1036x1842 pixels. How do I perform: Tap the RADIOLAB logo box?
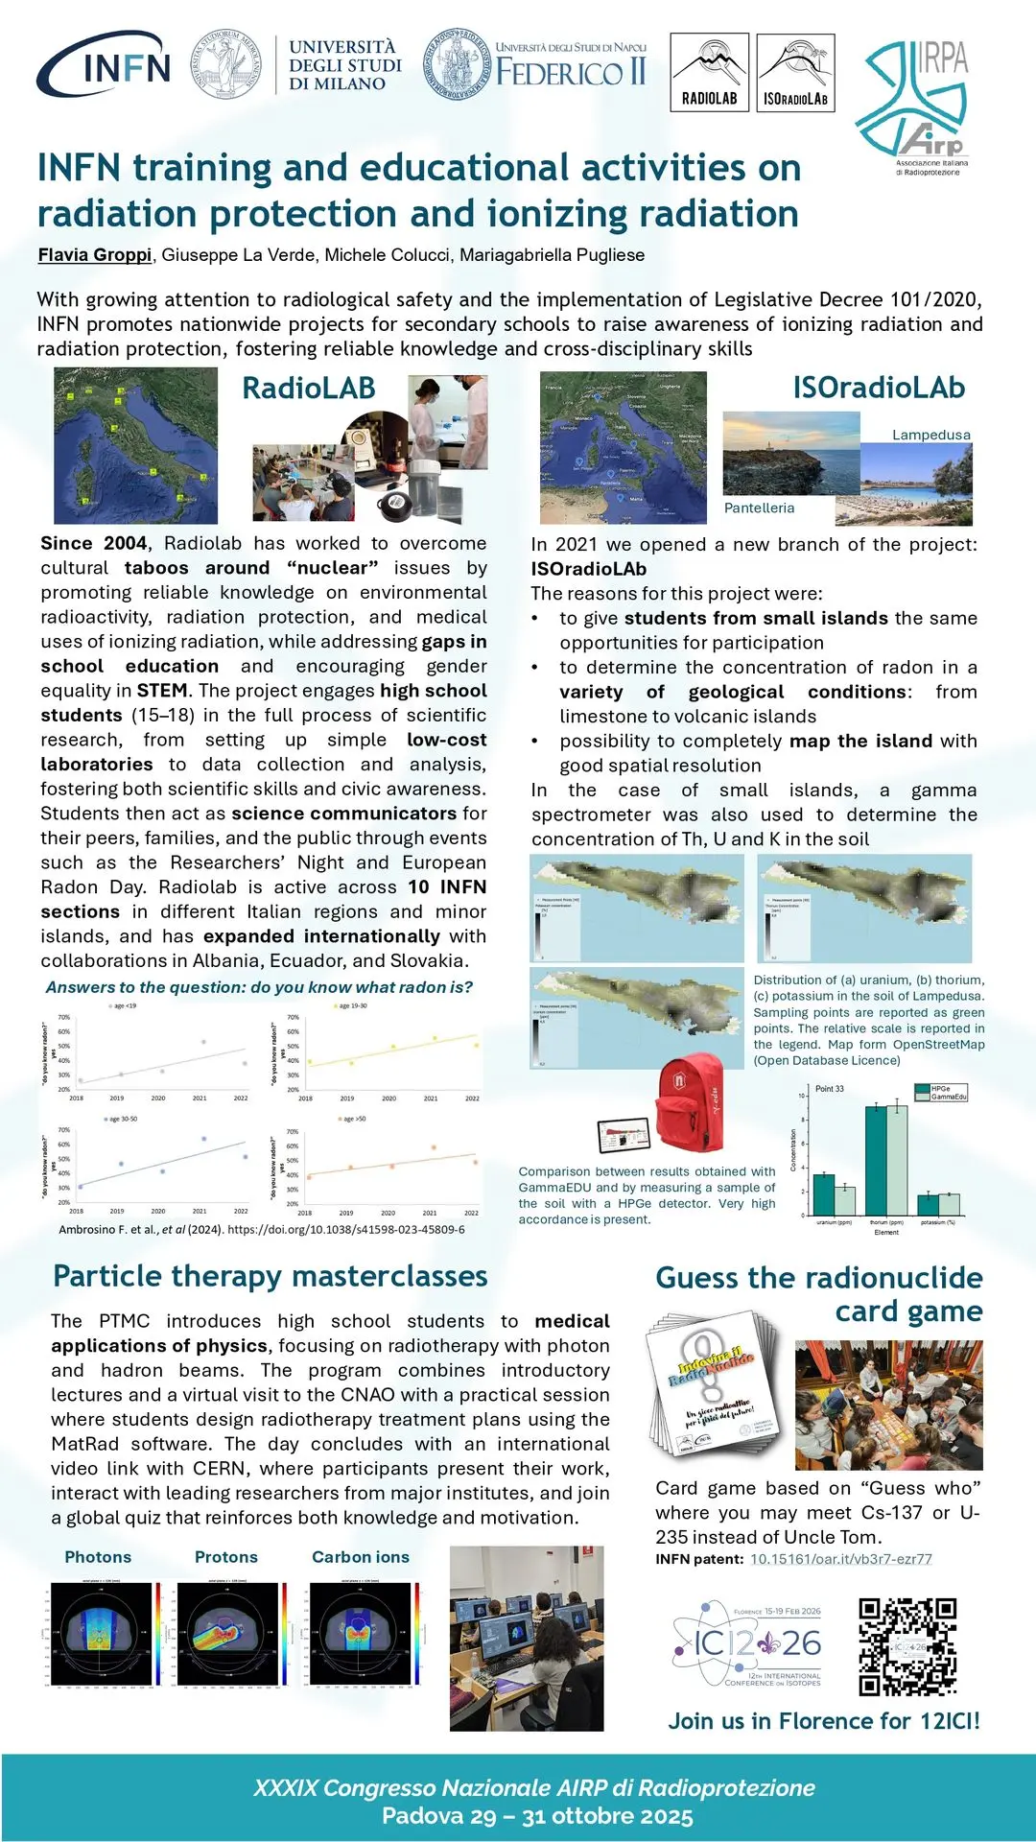709,73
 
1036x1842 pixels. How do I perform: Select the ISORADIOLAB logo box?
795,73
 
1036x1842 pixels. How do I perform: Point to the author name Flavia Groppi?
94,255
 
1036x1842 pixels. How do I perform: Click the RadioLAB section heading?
308,389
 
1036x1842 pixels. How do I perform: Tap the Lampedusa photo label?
930,435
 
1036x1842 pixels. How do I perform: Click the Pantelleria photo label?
759,508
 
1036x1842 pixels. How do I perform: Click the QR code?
906,1646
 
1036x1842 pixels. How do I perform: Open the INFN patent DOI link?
840,1559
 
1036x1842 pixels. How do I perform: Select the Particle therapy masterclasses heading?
270,1276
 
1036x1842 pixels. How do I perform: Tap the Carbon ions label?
360,1557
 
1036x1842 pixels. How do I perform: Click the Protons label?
225,1557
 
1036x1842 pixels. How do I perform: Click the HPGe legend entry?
940,1089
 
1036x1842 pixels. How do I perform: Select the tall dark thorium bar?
875,1160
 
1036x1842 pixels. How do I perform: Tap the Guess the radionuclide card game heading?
818,1294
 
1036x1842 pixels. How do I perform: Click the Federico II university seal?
456,63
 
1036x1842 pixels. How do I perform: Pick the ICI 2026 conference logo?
747,1643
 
